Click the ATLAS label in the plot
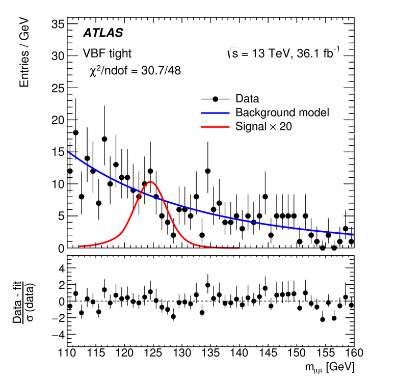pos(102,33)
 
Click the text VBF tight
pos(107,53)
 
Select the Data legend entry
pos(247,98)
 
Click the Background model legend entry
pos(279,112)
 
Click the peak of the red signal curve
pos(150,182)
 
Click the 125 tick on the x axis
pos(153,352)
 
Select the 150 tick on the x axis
pos(298,352)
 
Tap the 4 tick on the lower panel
pos(60,266)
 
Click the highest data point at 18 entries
pos(75,132)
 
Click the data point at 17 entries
pos(104,139)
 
